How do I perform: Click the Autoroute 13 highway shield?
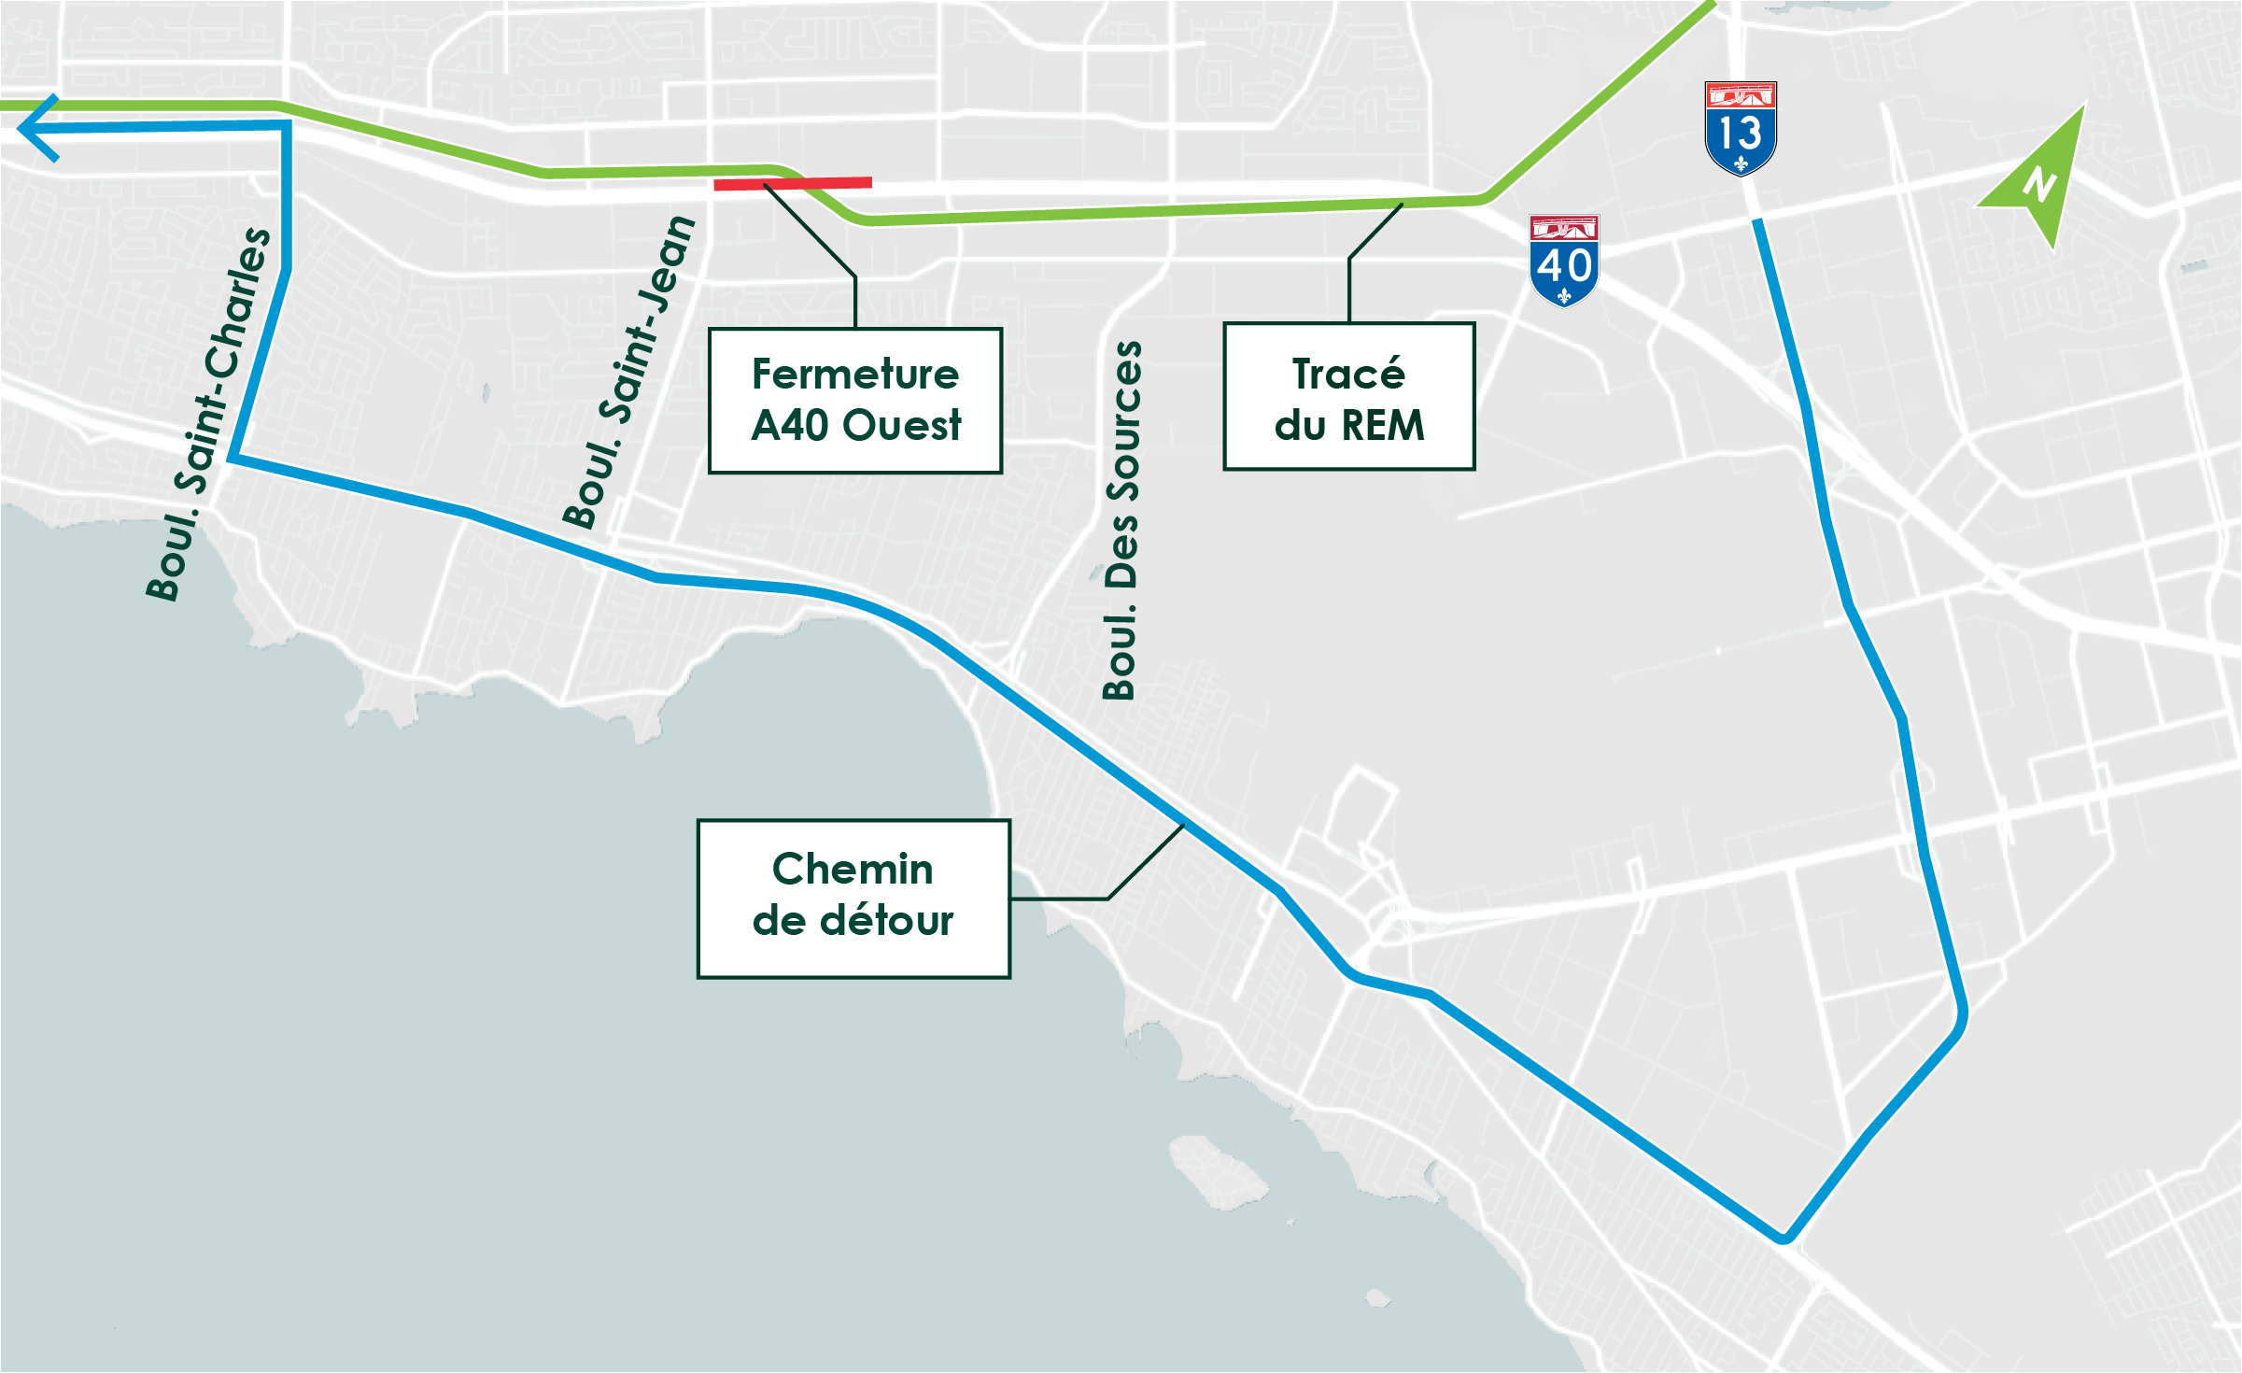[x=1741, y=129]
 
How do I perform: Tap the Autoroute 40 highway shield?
[x=1564, y=262]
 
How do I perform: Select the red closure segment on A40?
[x=793, y=184]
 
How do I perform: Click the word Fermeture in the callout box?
[x=855, y=375]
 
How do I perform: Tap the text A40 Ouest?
[x=855, y=426]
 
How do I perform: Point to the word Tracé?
[x=1348, y=375]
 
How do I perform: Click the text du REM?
[x=1349, y=426]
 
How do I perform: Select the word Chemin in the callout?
[x=853, y=870]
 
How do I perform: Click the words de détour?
[x=853, y=921]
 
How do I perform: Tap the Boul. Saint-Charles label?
[x=208, y=414]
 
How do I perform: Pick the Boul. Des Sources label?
[x=1121, y=520]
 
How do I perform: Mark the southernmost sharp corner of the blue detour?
[x=1784, y=1239]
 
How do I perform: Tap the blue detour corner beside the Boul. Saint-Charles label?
[x=232, y=458]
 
